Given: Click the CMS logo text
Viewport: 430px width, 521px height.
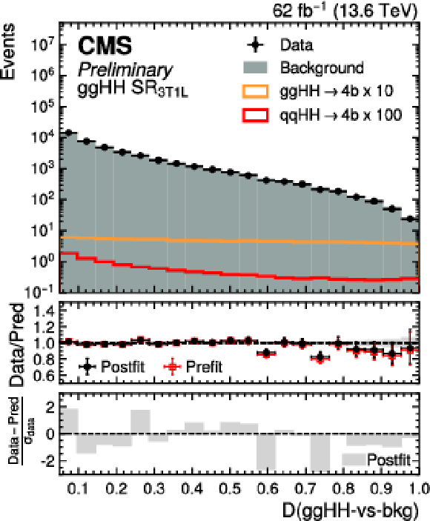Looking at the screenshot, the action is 105,45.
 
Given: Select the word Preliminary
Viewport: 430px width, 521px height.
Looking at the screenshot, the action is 125,70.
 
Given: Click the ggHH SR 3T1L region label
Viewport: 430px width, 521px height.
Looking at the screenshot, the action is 133,89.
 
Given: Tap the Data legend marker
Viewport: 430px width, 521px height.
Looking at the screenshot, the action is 255,44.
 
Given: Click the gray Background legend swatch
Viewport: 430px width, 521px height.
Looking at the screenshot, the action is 255,67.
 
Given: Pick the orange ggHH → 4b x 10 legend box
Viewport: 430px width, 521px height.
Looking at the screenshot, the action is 255,91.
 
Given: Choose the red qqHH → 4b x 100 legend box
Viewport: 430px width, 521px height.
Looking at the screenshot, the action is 255,116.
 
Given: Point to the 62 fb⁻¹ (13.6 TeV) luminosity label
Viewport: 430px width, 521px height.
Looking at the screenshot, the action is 345,11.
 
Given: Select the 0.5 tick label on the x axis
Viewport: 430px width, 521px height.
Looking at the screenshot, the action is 231,488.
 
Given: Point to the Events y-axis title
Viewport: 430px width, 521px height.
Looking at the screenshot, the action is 8,51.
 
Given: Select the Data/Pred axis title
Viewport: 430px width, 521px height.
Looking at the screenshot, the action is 16,345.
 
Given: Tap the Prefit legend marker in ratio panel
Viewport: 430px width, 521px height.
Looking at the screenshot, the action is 173,367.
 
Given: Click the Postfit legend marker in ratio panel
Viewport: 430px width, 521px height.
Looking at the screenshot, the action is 87,367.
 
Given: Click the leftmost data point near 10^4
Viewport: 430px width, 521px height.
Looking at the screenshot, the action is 69,133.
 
